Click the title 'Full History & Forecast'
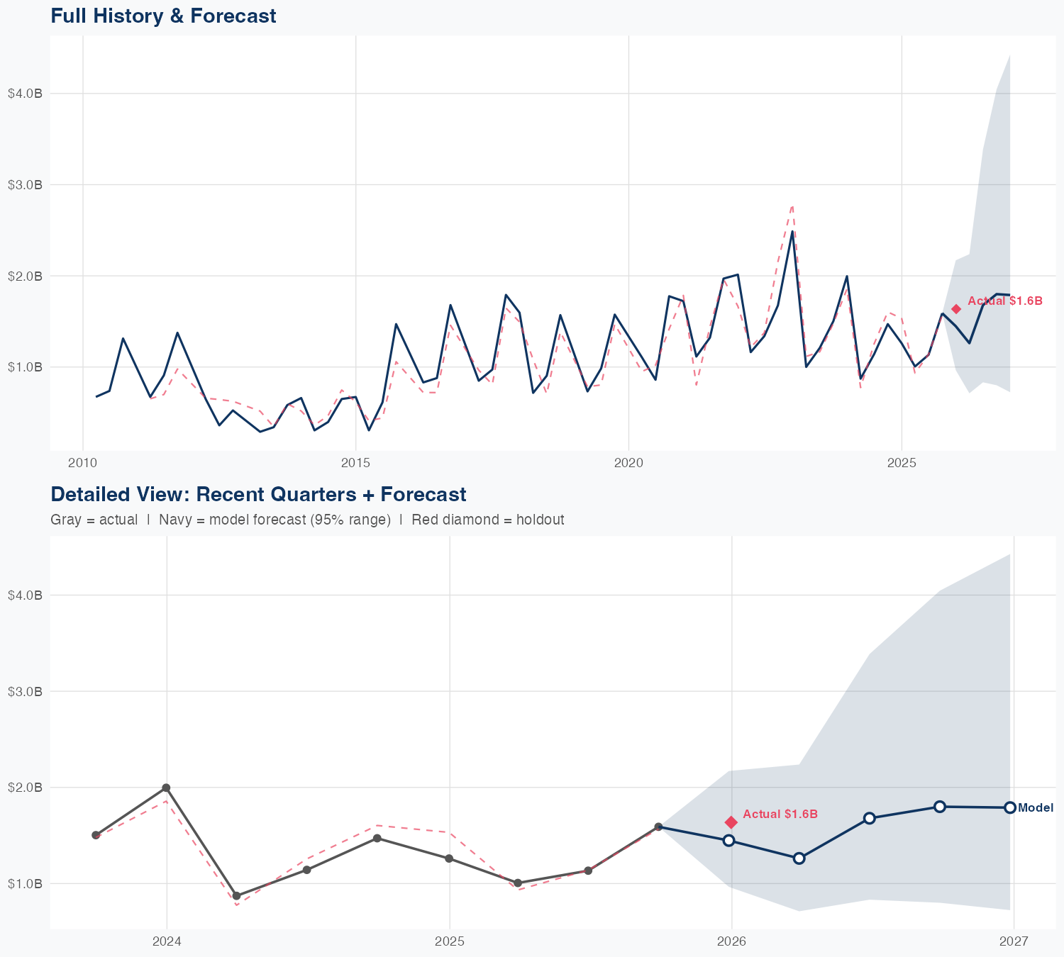163,16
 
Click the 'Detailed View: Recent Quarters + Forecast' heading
258,494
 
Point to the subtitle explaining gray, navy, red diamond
307,520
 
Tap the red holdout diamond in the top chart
956,308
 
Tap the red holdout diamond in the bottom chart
731,822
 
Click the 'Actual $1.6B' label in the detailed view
780,814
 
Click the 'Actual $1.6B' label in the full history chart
1005,301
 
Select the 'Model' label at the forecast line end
1036,807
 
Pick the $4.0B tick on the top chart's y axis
25,94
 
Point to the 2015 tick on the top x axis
356,463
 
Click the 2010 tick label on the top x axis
83,463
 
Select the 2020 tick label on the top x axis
628,463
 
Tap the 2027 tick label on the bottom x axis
1014,941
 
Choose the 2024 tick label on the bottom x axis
167,941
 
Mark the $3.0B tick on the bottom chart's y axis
25,691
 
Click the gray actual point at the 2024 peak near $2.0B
166,788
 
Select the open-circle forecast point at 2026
728,840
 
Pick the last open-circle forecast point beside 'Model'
1010,807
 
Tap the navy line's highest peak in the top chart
792,231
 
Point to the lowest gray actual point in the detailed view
236,896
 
